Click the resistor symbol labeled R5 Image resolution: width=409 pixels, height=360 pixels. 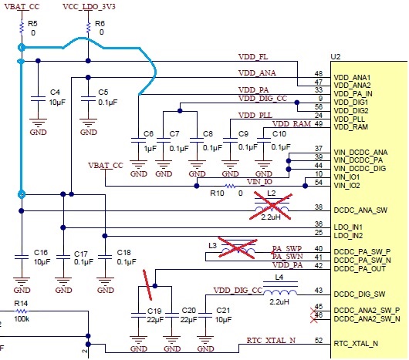pyautogui.click(x=22, y=28)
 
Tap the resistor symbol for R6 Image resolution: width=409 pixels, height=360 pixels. pyautogui.click(x=89, y=28)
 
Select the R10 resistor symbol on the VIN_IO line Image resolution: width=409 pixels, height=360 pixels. pyautogui.click(x=230, y=186)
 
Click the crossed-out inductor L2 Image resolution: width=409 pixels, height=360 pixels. pyautogui.click(x=272, y=206)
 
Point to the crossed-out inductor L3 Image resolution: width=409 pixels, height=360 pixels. pyautogui.click(x=238, y=248)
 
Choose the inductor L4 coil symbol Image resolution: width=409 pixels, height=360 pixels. pyautogui.click(x=280, y=291)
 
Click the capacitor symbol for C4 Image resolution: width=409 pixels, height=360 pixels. pyautogui.click(x=38, y=99)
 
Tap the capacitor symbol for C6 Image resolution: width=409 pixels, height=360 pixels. pyautogui.click(x=138, y=140)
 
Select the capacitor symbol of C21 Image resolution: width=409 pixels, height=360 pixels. pyautogui.click(x=205, y=315)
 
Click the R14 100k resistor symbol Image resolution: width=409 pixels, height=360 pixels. pyautogui.click(x=22, y=311)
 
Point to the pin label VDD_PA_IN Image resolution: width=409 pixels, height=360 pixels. pyautogui.click(x=353, y=94)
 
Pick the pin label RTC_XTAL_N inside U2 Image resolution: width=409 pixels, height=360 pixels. pyautogui.click(x=356, y=344)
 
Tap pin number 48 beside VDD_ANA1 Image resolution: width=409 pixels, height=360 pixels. pyautogui.click(x=319, y=74)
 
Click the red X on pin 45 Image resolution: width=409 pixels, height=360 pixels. pyautogui.click(x=314, y=311)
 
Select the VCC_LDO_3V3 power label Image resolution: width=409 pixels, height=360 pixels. pyautogui.click(x=89, y=6)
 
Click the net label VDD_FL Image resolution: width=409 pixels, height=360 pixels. pyautogui.click(x=253, y=56)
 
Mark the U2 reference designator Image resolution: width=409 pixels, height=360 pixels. pyautogui.click(x=335, y=56)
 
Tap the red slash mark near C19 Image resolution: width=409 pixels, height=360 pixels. pyautogui.click(x=147, y=284)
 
